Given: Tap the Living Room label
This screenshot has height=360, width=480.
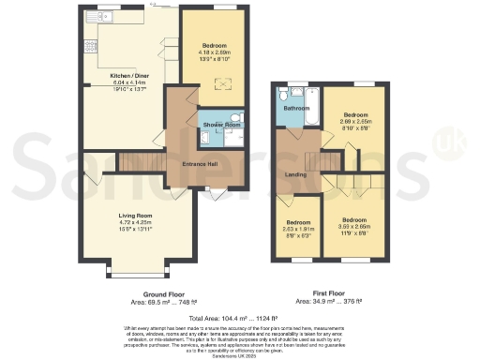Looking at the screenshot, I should [135, 216].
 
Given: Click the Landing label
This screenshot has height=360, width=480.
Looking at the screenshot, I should [294, 175].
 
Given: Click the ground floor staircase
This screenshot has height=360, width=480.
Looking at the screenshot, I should [133, 163].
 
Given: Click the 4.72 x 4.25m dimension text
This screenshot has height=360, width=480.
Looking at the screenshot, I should [135, 223].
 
